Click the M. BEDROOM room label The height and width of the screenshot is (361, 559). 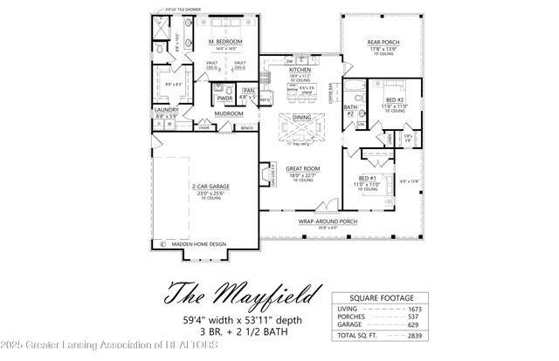click(225, 42)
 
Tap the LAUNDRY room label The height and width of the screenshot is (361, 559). click(166, 110)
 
